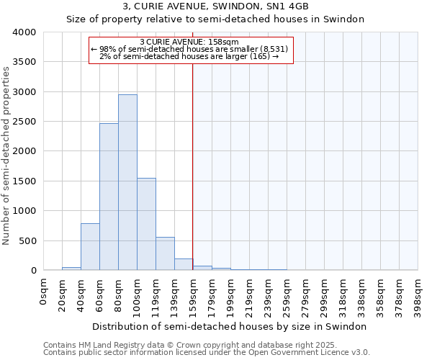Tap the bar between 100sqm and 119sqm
[x=146, y=224]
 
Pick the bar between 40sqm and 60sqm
[x=90, y=247]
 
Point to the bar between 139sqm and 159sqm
[x=184, y=264]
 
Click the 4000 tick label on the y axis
[x=24, y=32]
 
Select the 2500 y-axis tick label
[x=24, y=122]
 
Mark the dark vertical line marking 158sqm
[x=193, y=166]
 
